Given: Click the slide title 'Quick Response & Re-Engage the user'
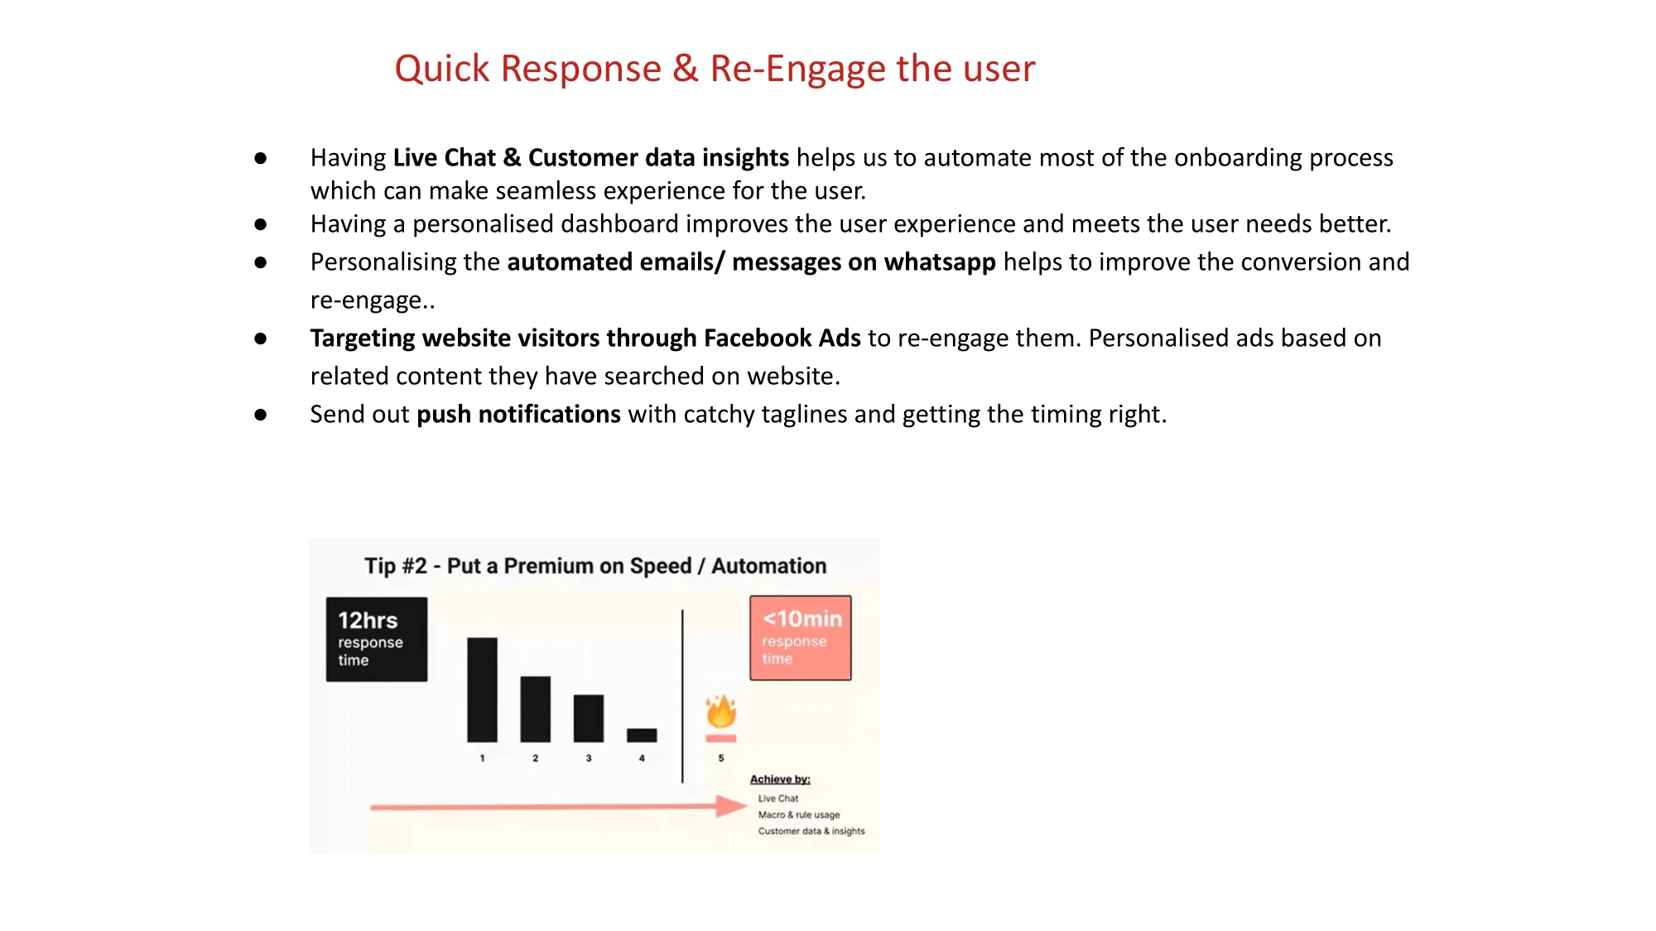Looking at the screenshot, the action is (x=715, y=69).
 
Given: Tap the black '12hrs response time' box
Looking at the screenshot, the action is (x=377, y=640).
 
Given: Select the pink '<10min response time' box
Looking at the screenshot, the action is (x=801, y=638).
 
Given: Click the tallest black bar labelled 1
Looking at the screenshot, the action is (x=482, y=690).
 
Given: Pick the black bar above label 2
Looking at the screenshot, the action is (x=535, y=709).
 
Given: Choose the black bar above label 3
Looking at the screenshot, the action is (x=589, y=718).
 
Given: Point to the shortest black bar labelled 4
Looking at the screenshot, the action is (x=642, y=735).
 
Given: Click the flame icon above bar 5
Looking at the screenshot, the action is (x=721, y=711).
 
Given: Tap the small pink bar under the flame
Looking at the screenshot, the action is (x=721, y=738).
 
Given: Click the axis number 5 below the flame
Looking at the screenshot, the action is (x=721, y=758).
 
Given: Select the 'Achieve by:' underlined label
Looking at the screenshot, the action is (x=780, y=780).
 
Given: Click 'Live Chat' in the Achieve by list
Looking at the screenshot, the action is (x=778, y=799).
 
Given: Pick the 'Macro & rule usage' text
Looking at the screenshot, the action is (x=799, y=815).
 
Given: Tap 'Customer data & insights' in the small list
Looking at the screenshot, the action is (x=811, y=832).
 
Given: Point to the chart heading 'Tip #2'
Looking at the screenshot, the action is (x=396, y=566).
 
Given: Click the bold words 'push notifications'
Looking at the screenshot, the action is (x=518, y=414).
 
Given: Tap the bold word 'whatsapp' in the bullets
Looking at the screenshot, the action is (x=940, y=262).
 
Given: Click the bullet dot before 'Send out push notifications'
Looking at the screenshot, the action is (x=261, y=415).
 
